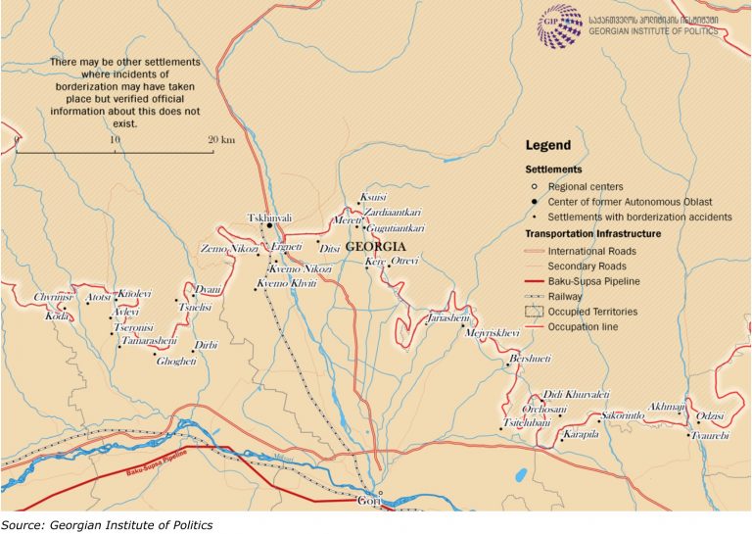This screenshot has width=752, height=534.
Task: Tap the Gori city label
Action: [x=370, y=499]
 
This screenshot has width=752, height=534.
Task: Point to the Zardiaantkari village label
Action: [x=392, y=213]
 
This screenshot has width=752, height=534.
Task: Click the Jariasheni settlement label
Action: [x=449, y=318]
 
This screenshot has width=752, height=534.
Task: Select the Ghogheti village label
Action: [x=176, y=362]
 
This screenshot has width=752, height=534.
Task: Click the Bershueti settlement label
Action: [x=530, y=360]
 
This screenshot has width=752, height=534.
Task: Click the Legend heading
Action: [x=547, y=145]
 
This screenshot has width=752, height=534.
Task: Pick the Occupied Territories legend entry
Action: [x=593, y=312]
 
